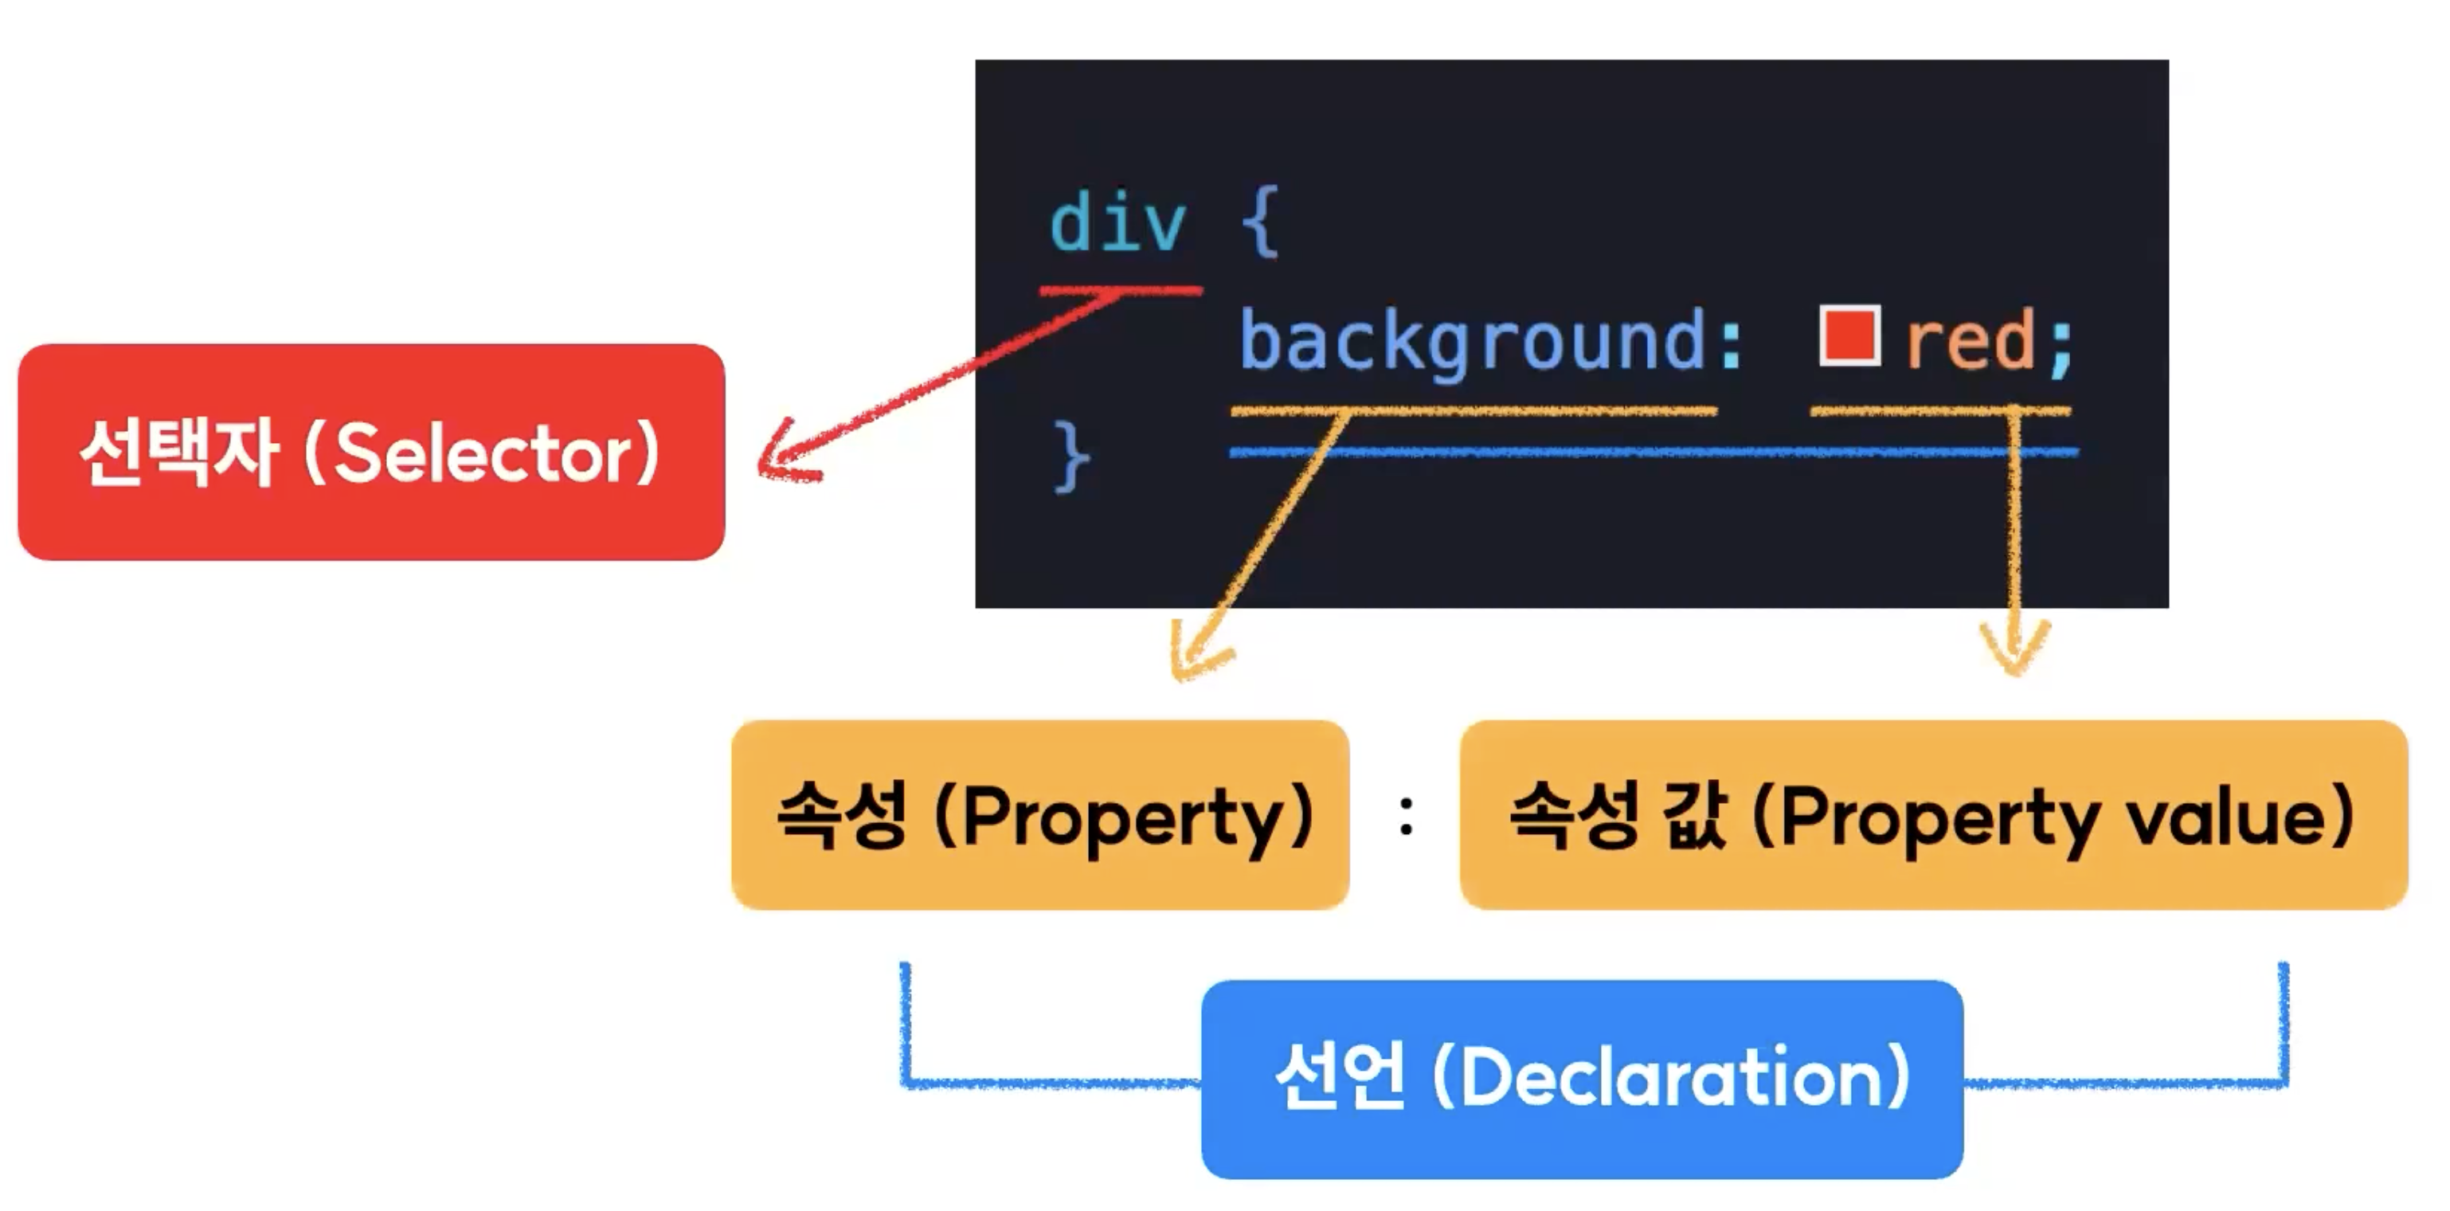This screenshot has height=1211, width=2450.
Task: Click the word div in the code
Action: [1117, 225]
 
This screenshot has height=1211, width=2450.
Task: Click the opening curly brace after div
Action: [1261, 225]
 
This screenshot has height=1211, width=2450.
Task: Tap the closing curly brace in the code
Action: [1073, 457]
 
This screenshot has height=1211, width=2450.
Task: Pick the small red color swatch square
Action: [1849, 335]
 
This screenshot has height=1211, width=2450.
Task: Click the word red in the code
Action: [1969, 340]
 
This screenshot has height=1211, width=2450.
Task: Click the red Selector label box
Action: [371, 452]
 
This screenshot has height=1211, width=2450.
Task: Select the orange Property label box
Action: [1039, 815]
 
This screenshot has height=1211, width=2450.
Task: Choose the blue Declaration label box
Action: [1582, 1079]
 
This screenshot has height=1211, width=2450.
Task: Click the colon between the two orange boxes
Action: [1406, 816]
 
